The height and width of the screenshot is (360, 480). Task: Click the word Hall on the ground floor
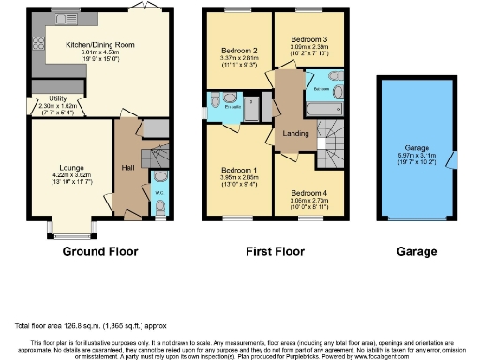pyautogui.click(x=127, y=167)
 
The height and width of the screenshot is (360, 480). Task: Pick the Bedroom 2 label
pyautogui.click(x=238, y=49)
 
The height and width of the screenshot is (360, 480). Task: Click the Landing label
pyautogui.click(x=296, y=133)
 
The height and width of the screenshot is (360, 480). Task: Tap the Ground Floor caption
pyautogui.click(x=99, y=251)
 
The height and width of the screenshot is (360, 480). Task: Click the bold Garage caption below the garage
pyautogui.click(x=415, y=251)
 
